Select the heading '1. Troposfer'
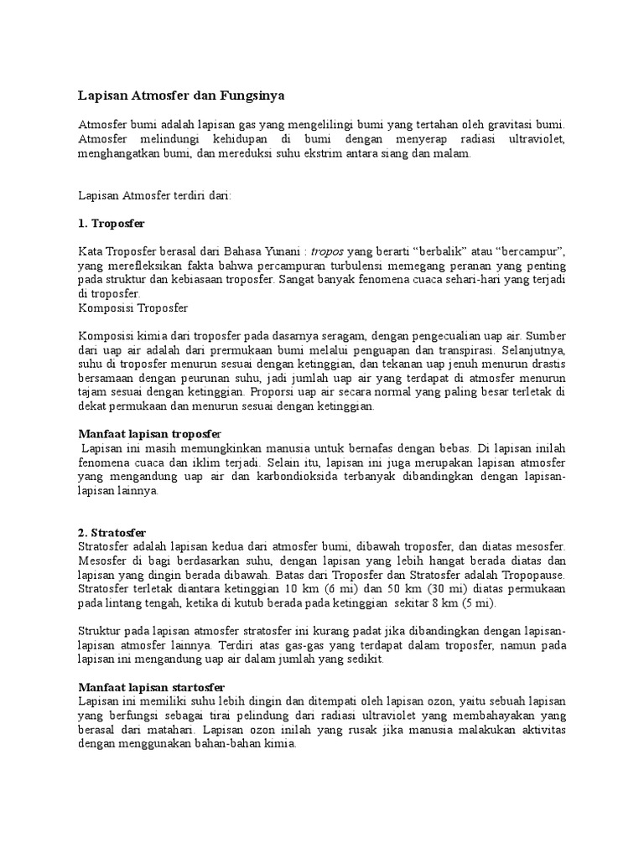click(112, 225)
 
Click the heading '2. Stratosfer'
click(112, 532)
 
